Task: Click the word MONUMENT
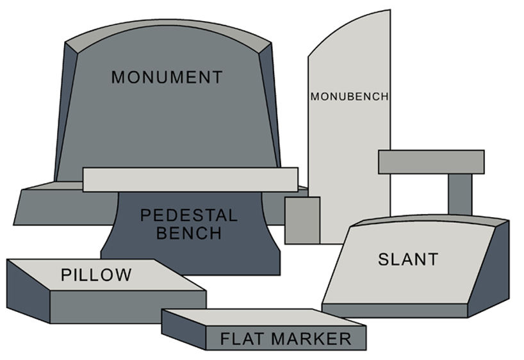click(167, 78)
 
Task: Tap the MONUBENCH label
click(349, 97)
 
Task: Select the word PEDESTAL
click(188, 215)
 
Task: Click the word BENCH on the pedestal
click(188, 233)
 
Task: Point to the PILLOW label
click(96, 275)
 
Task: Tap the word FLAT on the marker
click(243, 339)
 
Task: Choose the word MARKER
click(311, 339)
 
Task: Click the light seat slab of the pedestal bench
click(190, 179)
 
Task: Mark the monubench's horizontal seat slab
click(430, 161)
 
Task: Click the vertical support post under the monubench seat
click(459, 194)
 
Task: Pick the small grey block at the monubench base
click(302, 220)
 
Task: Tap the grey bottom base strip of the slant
click(394, 311)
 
